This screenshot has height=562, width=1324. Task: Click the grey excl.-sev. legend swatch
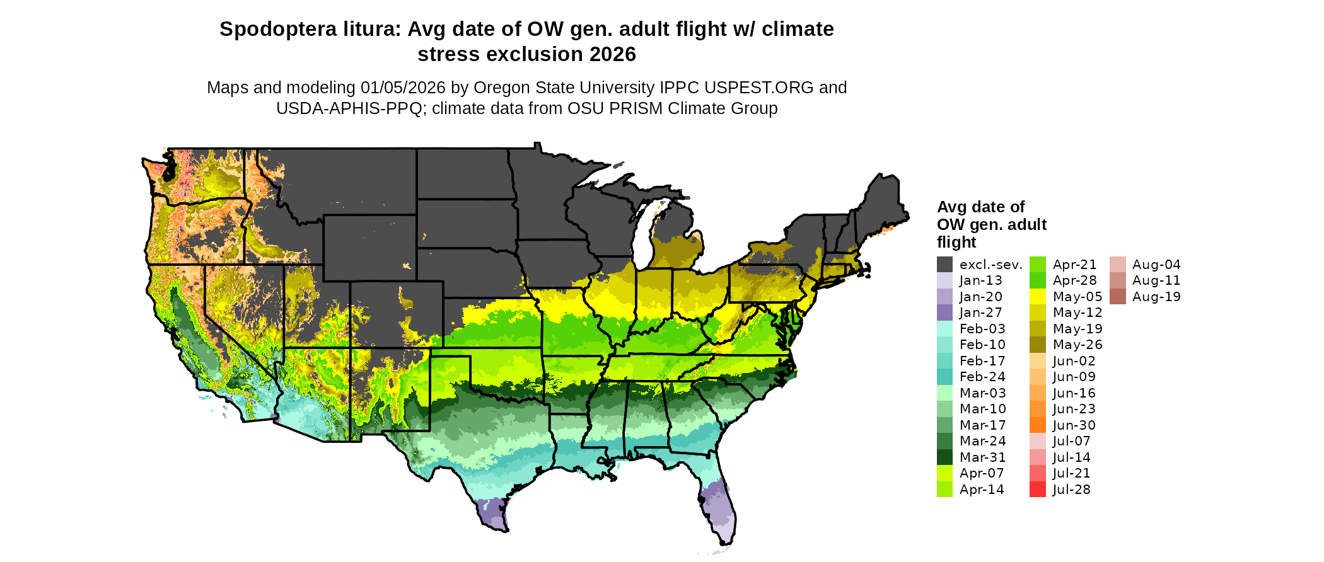pos(944,265)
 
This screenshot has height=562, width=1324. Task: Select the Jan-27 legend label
pos(980,313)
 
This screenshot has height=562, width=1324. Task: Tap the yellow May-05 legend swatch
pos(1037,297)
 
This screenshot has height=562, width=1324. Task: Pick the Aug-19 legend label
pos(1156,297)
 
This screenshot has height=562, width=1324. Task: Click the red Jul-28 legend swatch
pos(1037,490)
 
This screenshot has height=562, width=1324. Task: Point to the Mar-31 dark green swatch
pos(944,457)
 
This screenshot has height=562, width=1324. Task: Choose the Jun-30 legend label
pos(1074,425)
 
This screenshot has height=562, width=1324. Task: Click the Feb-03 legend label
pos(982,329)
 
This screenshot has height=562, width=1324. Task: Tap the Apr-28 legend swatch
pos(1037,280)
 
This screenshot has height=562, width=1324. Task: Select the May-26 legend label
pos(1077,345)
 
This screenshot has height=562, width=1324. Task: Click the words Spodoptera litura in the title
pos(310,29)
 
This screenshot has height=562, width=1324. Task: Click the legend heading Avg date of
pos(980,207)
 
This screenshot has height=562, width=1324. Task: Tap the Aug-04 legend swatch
pos(1117,265)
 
